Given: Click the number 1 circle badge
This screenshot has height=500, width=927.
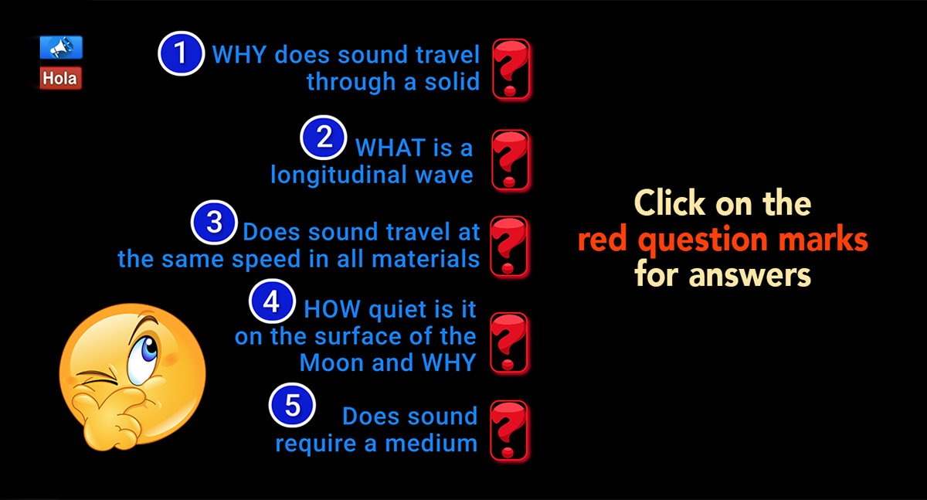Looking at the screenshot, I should [x=181, y=53].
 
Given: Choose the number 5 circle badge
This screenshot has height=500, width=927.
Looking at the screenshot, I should [x=292, y=407].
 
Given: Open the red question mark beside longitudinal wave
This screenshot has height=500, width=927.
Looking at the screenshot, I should [x=511, y=160].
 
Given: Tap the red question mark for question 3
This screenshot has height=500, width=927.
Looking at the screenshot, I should [x=511, y=246].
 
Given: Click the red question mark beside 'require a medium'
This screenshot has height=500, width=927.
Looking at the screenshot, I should [x=511, y=430].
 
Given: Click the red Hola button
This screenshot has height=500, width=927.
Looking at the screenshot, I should [x=60, y=78].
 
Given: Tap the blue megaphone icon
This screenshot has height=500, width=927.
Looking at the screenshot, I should [x=60, y=48].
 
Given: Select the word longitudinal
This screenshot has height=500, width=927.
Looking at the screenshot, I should [x=333, y=175].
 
